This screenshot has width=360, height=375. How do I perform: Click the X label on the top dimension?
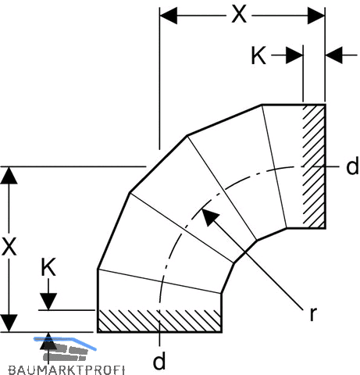239,15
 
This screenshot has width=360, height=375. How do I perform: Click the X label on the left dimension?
9,246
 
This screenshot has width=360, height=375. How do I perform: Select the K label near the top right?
258,55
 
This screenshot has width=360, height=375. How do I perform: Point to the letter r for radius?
313,313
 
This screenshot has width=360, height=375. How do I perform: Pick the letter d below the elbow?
159,360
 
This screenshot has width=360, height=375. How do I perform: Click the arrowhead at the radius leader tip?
210,216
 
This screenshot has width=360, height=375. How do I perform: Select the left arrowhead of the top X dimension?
169,16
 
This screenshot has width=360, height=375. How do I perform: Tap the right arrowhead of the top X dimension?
316,16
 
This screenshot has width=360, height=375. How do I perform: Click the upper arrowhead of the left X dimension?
9,176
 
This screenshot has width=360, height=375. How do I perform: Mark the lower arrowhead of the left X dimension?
9,323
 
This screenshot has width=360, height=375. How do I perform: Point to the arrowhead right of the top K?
294,55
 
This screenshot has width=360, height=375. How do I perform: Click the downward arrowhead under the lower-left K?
48,302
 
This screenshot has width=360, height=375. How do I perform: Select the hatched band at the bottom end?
159,321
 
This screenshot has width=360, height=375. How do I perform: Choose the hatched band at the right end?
314,166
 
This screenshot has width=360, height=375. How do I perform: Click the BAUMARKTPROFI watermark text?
66,370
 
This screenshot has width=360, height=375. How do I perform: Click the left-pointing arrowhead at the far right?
334,55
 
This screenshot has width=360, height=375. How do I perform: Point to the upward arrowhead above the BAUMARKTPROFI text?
48,341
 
